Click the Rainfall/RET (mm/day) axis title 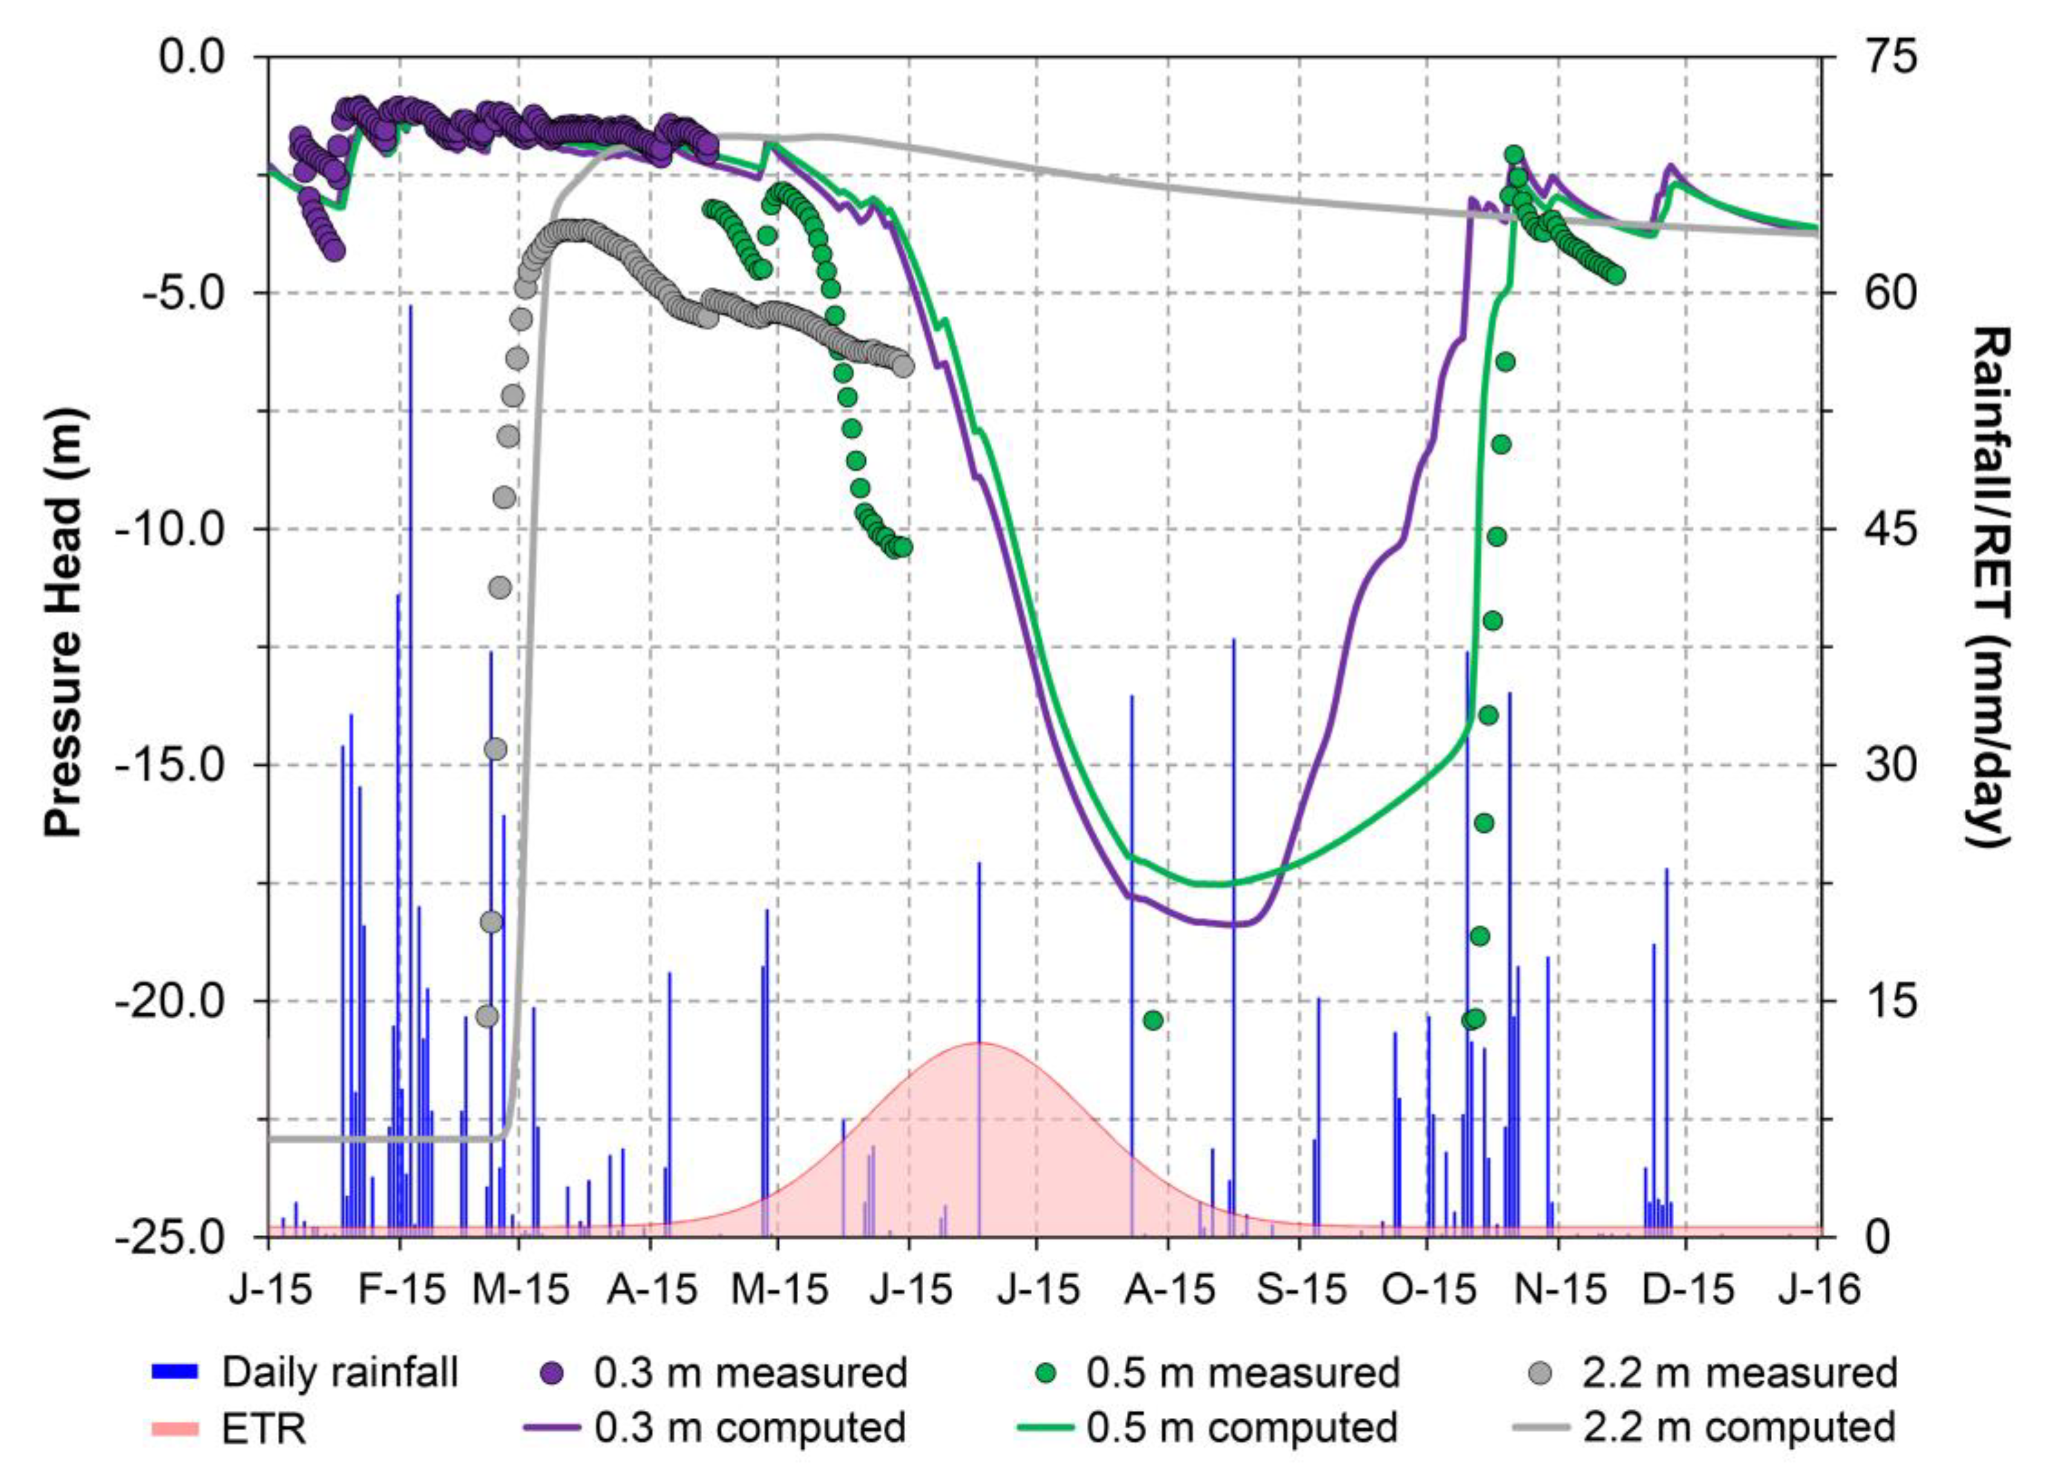(1988, 586)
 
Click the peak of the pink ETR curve (979, 1044)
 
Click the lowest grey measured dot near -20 (486, 1016)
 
